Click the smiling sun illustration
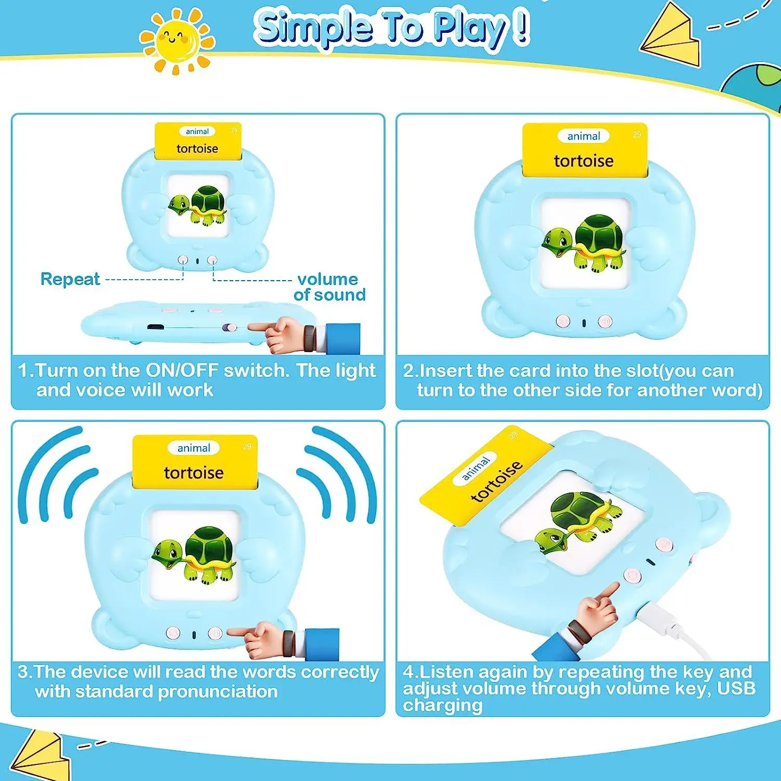177,40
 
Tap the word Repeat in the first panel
70,279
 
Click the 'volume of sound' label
329,287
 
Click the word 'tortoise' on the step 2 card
584,161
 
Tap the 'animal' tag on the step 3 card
194,448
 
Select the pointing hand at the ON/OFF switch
276,333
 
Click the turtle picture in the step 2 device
583,242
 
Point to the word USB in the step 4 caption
736,688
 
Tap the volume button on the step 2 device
604,321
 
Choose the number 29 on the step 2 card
637,134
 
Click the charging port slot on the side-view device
154,327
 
